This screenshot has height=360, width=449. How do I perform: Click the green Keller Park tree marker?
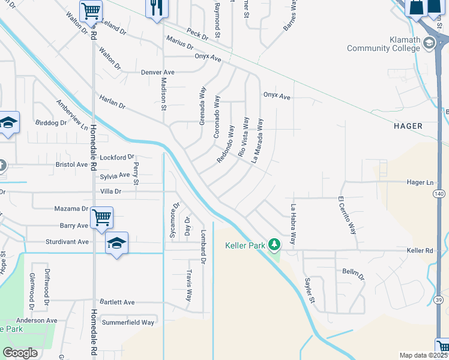(x=274, y=245)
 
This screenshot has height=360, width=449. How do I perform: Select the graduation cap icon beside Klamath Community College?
(x=429, y=43)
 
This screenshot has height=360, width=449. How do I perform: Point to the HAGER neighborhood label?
(x=408, y=126)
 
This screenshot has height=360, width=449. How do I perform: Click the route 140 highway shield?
(x=439, y=194)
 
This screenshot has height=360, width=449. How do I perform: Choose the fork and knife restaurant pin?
(x=157, y=8)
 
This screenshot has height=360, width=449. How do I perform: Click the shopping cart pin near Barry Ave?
(x=101, y=217)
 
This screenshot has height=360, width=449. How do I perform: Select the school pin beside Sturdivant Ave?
(x=117, y=242)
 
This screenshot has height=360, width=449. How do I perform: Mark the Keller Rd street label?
(x=420, y=250)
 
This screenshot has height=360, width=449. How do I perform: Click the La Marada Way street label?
(x=258, y=141)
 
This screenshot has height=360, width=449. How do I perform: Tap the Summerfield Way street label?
(x=128, y=322)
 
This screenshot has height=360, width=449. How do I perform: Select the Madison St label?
(x=163, y=94)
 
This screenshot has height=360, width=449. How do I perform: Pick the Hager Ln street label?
(x=420, y=182)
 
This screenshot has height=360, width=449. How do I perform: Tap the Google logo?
(x=20, y=353)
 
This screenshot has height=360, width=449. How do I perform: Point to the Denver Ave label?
(x=157, y=72)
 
